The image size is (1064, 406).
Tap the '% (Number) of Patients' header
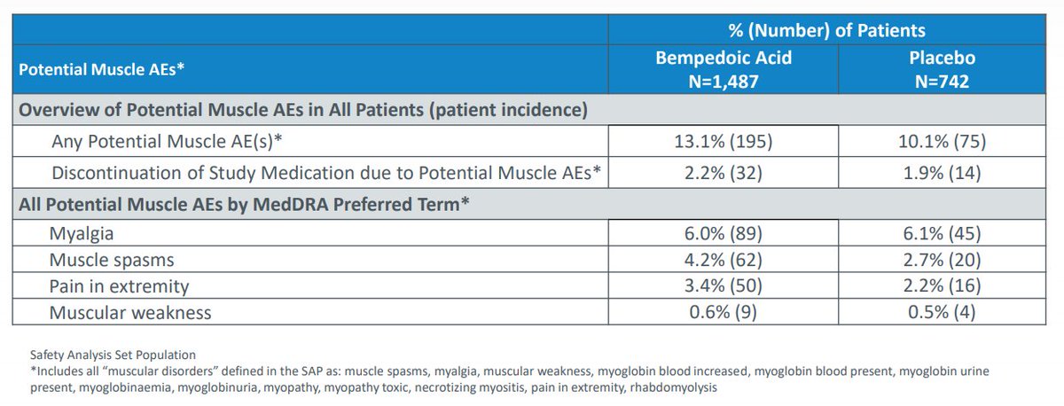point(826,30)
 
